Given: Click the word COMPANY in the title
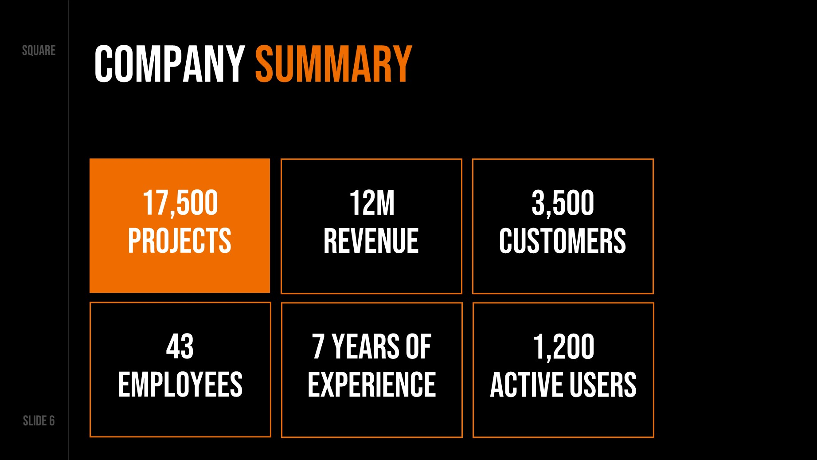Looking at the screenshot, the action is (169, 64).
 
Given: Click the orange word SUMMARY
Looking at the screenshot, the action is (334, 64).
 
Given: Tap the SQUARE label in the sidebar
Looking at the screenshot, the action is (39, 51).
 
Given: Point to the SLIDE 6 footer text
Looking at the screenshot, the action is (39, 421).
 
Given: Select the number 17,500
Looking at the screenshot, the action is (180, 203).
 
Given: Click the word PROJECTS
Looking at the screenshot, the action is (180, 241).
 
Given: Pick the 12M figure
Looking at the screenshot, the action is (371, 203).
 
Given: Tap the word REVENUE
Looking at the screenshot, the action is (371, 241).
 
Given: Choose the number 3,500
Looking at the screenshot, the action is (563, 203).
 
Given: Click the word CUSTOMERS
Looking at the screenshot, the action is (563, 241).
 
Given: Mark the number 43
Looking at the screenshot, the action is (180, 346).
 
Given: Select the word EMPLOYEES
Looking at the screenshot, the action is (180, 385).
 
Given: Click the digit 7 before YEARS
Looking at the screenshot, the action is (318, 346).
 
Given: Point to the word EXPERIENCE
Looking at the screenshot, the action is (372, 385).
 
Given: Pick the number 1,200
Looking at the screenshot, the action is (563, 346).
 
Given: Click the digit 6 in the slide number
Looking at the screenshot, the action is (52, 421).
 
